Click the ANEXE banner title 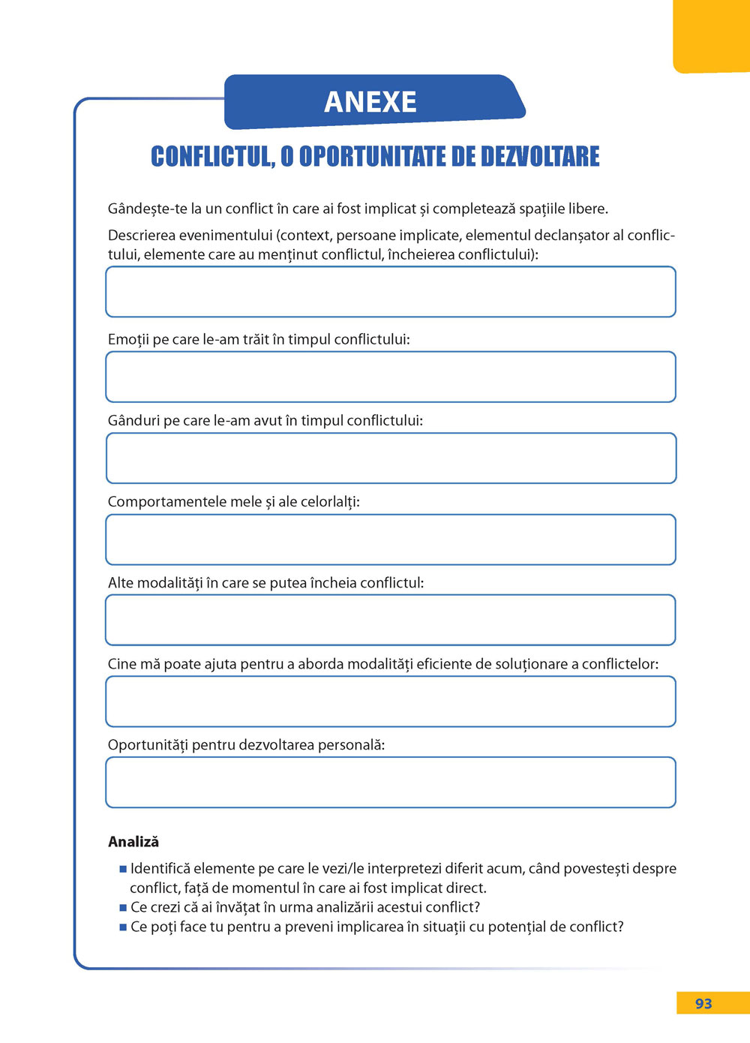[x=370, y=102]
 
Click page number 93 [x=703, y=1004]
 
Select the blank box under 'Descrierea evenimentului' [x=391, y=292]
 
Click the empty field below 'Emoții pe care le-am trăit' [x=391, y=377]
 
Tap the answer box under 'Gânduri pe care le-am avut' [x=391, y=458]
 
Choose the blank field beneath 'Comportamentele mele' [x=391, y=540]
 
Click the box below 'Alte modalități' [x=391, y=620]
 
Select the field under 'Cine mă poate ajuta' [x=391, y=702]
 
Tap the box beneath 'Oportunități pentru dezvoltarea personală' [x=391, y=783]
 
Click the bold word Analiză [x=133, y=842]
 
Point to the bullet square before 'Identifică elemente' [x=123, y=870]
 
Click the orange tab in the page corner [x=712, y=36]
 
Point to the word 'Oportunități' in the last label [x=148, y=746]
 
